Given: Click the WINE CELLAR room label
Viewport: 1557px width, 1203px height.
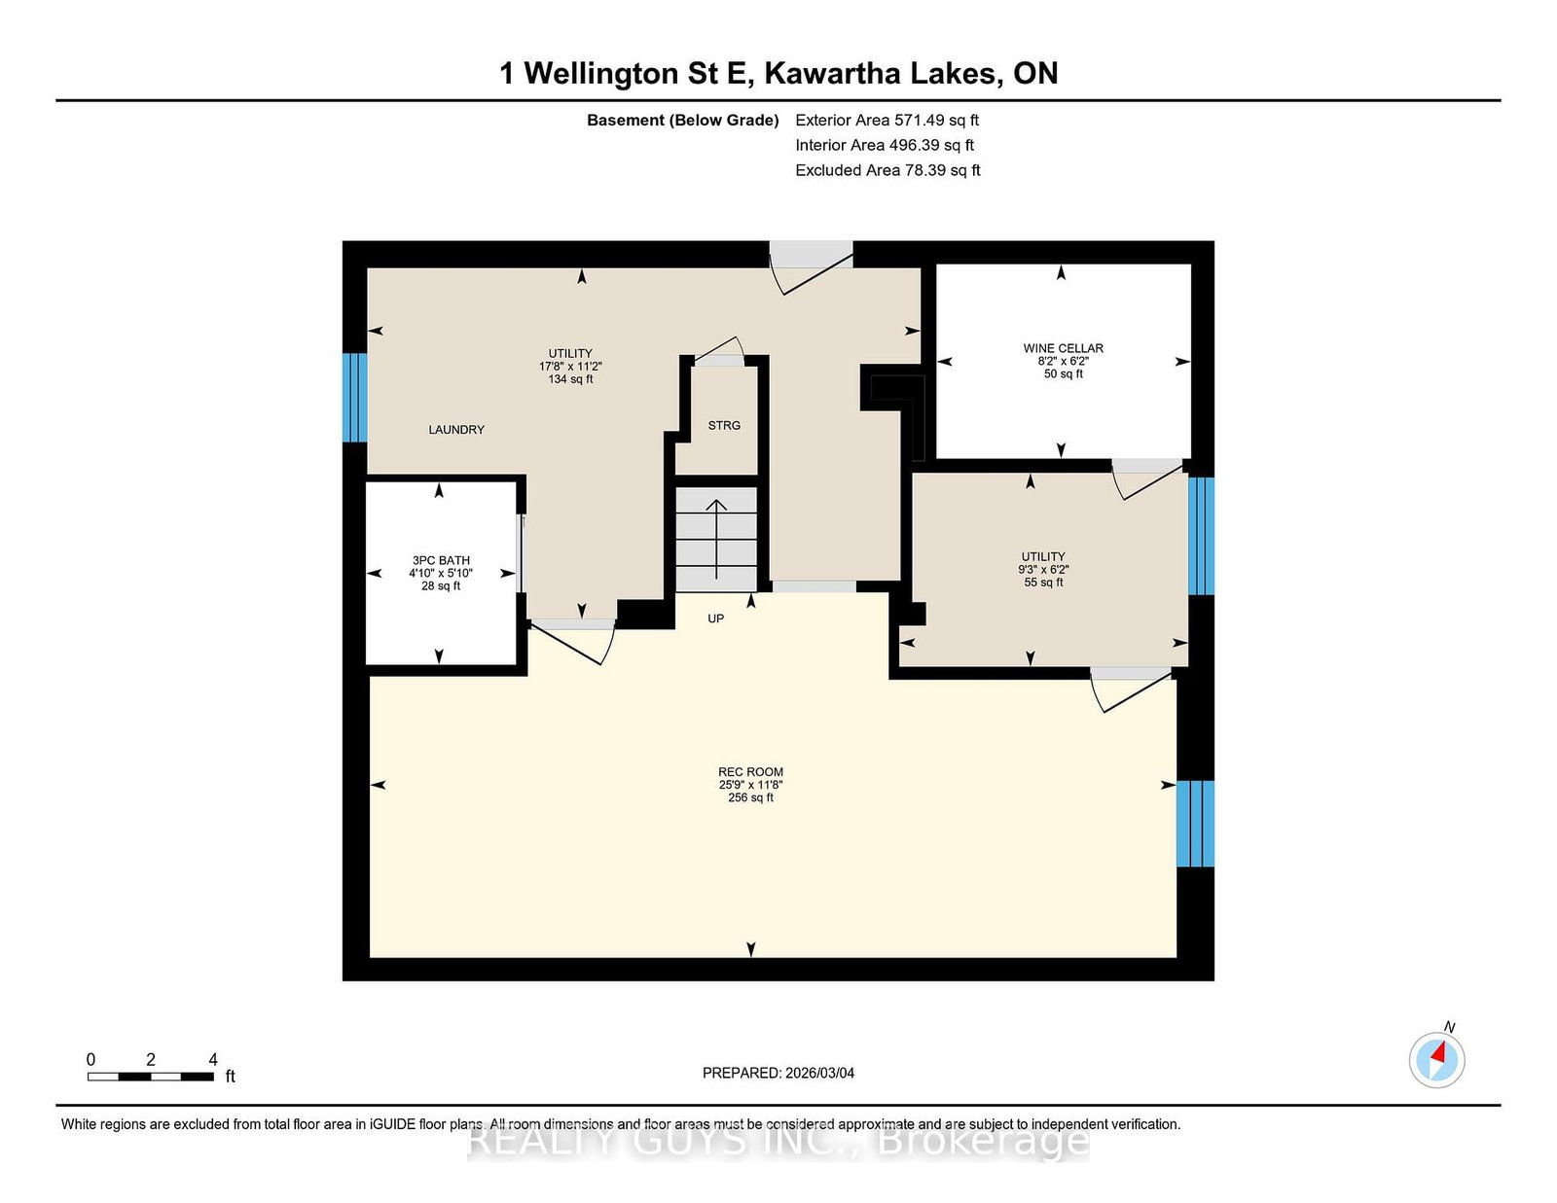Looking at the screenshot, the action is pos(1063,348).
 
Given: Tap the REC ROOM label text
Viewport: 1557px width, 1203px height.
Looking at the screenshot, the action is pos(750,772).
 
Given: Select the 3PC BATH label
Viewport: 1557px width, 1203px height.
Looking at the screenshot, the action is pos(441,560).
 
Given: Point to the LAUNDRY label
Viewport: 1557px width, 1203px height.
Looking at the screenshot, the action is pos(456,430).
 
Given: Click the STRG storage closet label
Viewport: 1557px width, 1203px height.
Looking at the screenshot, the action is pos(724,425).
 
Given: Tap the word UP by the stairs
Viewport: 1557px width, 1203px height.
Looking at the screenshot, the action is pos(716,619).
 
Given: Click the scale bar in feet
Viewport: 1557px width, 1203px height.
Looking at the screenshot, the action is pos(151,1077).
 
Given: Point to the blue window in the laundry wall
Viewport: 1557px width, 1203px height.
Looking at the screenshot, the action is pos(354,398).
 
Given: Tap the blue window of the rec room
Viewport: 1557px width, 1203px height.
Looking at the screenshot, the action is pos(1195,824).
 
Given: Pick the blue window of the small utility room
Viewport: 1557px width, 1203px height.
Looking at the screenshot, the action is pos(1201,536).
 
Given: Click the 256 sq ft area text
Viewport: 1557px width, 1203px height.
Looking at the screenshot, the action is pos(750,797).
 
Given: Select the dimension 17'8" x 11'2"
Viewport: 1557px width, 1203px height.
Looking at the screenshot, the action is pos(570,366).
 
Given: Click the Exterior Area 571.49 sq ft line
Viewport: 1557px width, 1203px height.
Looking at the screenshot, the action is pos(887,121).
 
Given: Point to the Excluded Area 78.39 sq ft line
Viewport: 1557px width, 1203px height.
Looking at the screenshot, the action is pos(887,170).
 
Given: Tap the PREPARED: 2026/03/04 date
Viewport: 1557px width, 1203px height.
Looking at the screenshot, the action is pos(778,1073).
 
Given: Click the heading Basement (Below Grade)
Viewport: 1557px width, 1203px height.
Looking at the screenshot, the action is pos(682,121).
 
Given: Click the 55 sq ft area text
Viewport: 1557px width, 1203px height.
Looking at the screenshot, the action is pos(1043,583).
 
